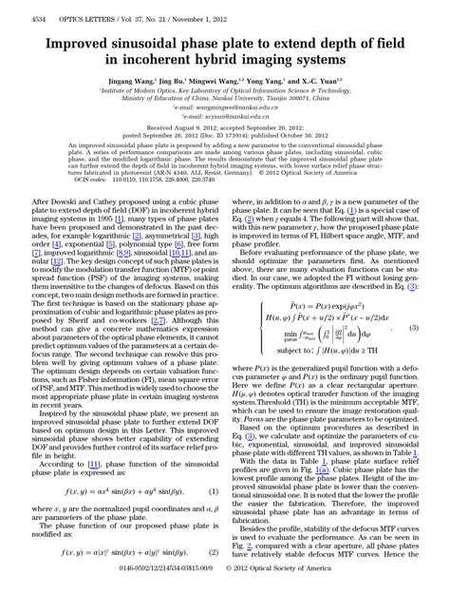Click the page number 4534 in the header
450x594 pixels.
(15, 6)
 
